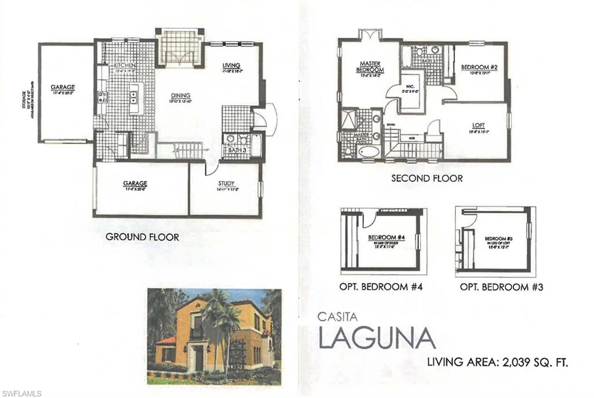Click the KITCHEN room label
click(125, 65)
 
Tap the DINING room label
click(180, 96)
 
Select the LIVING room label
click(231, 64)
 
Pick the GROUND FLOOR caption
click(142, 237)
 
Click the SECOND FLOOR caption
click(427, 178)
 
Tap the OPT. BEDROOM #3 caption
click(501, 287)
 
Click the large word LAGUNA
click(376, 338)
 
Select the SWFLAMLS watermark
click(21, 393)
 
